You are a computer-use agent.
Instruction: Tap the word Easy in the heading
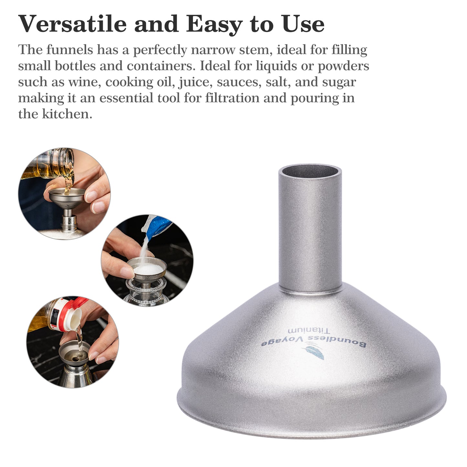click(x=214, y=24)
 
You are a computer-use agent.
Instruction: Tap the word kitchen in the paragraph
click(x=67, y=114)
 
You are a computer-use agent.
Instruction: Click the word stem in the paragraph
click(x=254, y=50)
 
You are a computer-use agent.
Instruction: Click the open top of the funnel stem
click(x=310, y=171)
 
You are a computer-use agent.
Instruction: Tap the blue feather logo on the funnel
click(x=314, y=352)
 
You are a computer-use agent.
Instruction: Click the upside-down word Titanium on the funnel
click(x=309, y=330)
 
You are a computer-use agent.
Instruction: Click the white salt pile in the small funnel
click(x=148, y=268)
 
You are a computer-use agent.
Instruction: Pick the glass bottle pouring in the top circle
click(x=52, y=165)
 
